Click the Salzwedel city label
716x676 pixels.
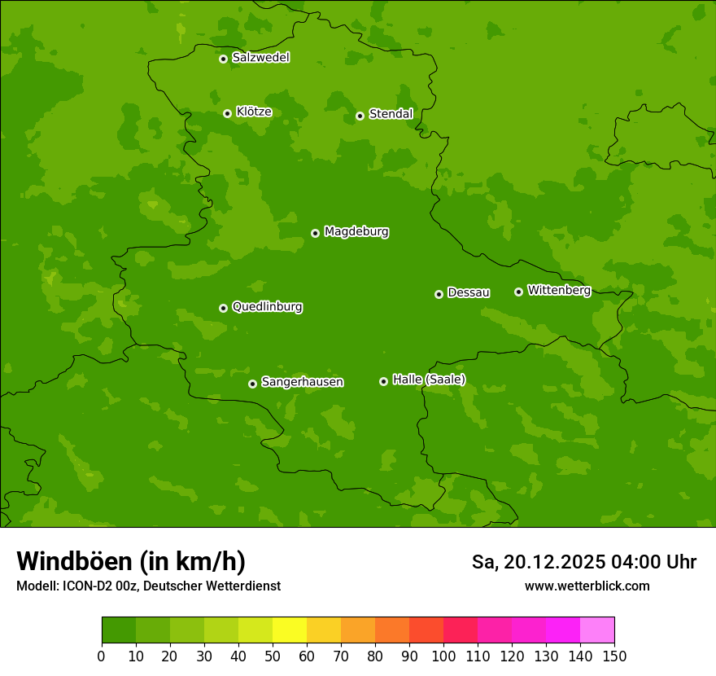pyautogui.click(x=260, y=58)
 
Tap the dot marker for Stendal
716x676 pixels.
pyautogui.click(x=360, y=116)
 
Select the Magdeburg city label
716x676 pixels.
pyautogui.click(x=356, y=232)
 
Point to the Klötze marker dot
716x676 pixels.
pyautogui.click(x=227, y=113)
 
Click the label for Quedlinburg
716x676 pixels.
pyautogui.click(x=267, y=307)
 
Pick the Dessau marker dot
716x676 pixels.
pyautogui.click(x=439, y=294)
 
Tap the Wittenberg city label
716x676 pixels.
pyautogui.click(x=559, y=291)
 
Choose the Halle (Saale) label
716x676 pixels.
pyautogui.click(x=429, y=380)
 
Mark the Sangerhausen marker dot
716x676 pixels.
pyautogui.click(x=252, y=384)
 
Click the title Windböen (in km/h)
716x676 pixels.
pyautogui.click(x=131, y=561)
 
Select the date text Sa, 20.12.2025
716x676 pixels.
pyautogui.click(x=538, y=562)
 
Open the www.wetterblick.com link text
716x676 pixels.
pyautogui.click(x=587, y=586)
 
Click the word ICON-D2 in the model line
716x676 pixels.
pyautogui.click(x=86, y=586)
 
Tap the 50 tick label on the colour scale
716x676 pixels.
pyautogui.click(x=273, y=656)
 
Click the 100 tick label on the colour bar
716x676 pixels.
pyautogui.click(x=443, y=656)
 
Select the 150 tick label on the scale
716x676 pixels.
pyautogui.click(x=614, y=656)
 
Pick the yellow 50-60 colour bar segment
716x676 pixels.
pyautogui.click(x=290, y=630)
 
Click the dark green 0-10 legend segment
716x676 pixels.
pyautogui.click(x=119, y=630)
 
